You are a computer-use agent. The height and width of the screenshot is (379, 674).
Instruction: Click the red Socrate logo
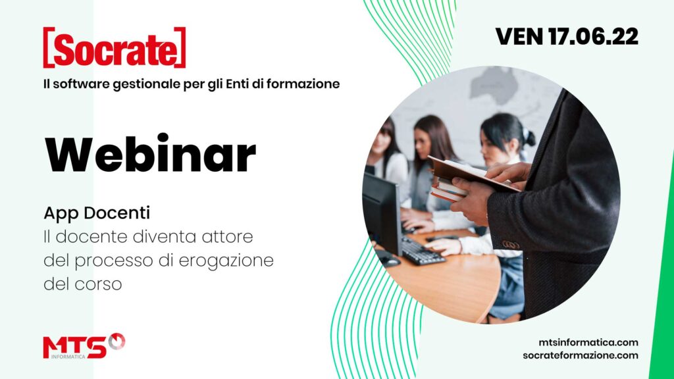click(115, 47)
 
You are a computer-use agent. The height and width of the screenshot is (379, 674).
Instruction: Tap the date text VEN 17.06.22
click(567, 37)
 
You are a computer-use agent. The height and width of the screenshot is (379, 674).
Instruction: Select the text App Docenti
click(97, 213)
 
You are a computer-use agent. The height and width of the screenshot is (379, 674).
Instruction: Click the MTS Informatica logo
click(84, 346)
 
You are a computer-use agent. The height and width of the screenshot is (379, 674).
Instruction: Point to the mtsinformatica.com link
click(588, 342)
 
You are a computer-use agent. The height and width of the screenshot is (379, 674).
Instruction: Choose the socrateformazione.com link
click(581, 355)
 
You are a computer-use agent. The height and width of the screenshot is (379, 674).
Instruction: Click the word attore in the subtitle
click(227, 237)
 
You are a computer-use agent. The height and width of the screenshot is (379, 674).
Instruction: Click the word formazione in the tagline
click(303, 84)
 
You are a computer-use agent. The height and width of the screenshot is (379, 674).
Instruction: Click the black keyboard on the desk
click(423, 252)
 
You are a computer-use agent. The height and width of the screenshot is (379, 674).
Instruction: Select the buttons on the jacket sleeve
click(511, 245)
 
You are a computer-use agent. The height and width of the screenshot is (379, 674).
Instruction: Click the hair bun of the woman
click(529, 138)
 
